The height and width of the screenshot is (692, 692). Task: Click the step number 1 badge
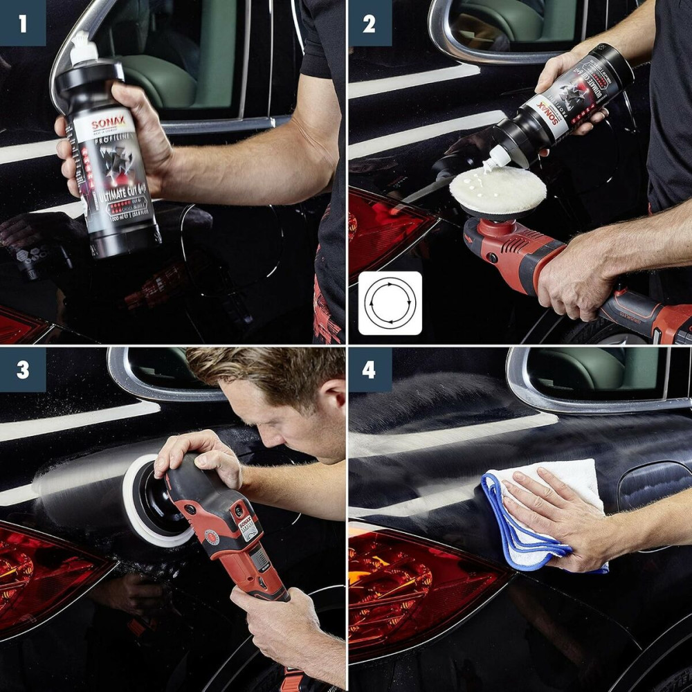click(23, 23)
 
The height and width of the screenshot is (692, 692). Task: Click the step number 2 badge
click(370, 23)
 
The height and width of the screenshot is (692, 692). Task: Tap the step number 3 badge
click(23, 370)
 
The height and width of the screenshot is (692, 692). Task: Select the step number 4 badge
click(370, 370)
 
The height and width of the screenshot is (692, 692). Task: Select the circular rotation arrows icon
click(390, 303)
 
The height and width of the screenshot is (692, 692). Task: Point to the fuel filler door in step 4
click(654, 484)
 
